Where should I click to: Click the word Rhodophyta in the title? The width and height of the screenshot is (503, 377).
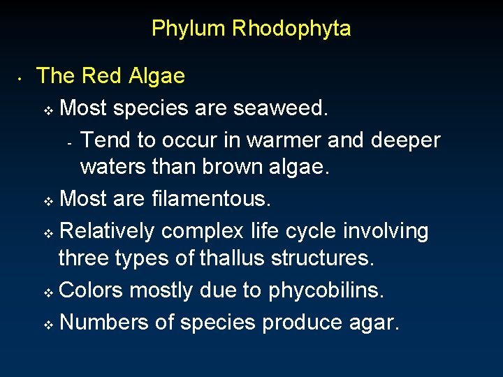[291, 29]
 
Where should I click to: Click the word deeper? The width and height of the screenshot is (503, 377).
[406, 140]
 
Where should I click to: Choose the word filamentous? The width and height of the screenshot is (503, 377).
[210, 199]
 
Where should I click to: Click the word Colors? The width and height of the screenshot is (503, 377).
[91, 290]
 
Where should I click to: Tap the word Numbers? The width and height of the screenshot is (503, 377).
[105, 322]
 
